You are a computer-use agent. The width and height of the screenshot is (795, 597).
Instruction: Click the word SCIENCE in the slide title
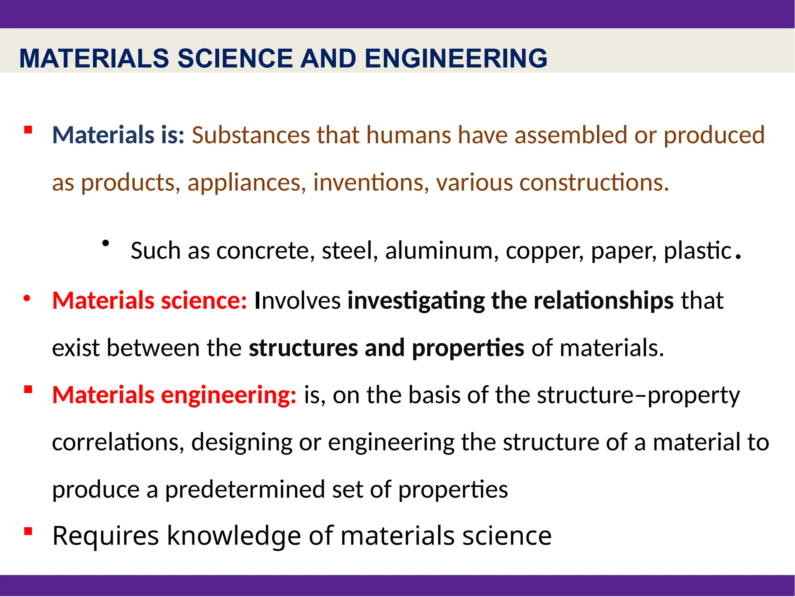click(x=235, y=58)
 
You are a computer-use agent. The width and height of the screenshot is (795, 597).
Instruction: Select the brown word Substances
click(x=250, y=135)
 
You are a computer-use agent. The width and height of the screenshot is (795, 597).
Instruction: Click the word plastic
click(x=698, y=251)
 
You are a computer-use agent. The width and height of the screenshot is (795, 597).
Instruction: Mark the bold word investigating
click(x=416, y=301)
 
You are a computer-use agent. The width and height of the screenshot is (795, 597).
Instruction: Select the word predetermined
click(x=245, y=489)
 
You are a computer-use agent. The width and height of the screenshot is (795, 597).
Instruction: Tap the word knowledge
click(x=234, y=536)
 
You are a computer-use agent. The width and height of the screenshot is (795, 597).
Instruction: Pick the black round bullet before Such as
click(x=105, y=244)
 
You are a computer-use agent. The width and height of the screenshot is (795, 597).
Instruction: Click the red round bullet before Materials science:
click(x=26, y=299)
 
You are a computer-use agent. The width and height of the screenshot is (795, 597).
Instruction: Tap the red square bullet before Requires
click(x=28, y=531)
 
